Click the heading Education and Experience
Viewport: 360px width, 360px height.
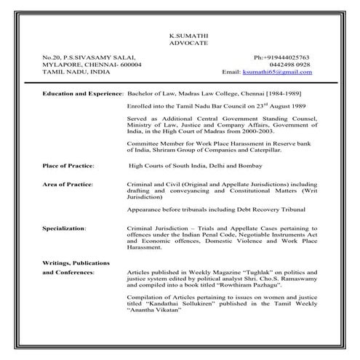click(x=83, y=95)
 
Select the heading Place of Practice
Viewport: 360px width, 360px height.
click(x=68, y=166)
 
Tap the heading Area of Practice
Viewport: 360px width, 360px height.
click(x=68, y=186)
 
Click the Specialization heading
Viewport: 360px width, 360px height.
click(x=64, y=228)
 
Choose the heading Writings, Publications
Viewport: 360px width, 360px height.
click(x=76, y=262)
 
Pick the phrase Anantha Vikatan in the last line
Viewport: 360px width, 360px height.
click(x=153, y=312)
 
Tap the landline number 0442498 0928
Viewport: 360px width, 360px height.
click(x=290, y=64)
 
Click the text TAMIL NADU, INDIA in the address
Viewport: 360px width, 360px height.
click(x=76, y=72)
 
